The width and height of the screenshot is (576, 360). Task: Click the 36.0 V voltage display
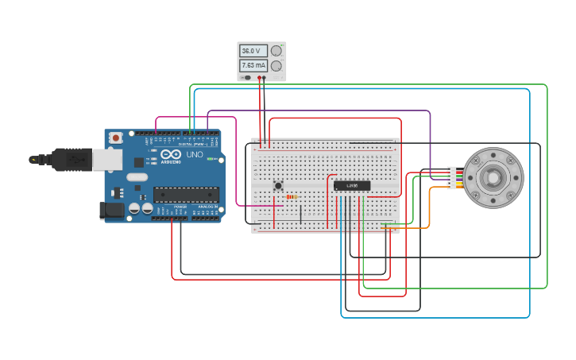pyautogui.click(x=252, y=51)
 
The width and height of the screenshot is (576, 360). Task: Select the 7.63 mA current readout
pyautogui.click(x=252, y=66)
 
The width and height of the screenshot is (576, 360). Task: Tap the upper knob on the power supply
pyautogui.click(x=276, y=51)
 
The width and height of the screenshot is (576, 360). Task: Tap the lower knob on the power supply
pyautogui.click(x=276, y=66)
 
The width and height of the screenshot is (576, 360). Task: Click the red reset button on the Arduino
pyautogui.click(x=116, y=137)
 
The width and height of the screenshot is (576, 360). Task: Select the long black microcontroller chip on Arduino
pyautogui.click(x=186, y=194)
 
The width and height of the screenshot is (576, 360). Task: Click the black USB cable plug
pyautogui.click(x=72, y=160)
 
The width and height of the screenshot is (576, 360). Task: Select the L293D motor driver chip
pyautogui.click(x=352, y=186)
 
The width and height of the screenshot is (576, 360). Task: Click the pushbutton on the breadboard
pyautogui.click(x=277, y=186)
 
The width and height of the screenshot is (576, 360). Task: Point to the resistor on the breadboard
pyautogui.click(x=292, y=196)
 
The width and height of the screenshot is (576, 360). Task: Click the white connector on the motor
pyautogui.click(x=451, y=177)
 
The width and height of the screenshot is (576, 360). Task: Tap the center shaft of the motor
pyautogui.click(x=493, y=177)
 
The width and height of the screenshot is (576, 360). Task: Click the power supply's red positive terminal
pyautogui.click(x=259, y=78)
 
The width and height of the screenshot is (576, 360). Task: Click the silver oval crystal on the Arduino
pyautogui.click(x=137, y=177)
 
